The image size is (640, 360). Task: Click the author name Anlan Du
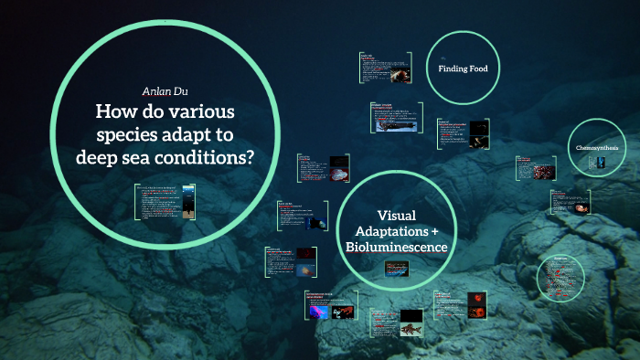[x=165, y=91]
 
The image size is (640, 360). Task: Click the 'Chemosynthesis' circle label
[x=597, y=147]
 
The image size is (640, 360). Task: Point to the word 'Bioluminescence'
[x=396, y=248]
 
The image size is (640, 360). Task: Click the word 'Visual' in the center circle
[x=397, y=215]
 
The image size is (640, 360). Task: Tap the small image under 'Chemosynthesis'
[x=599, y=163]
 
